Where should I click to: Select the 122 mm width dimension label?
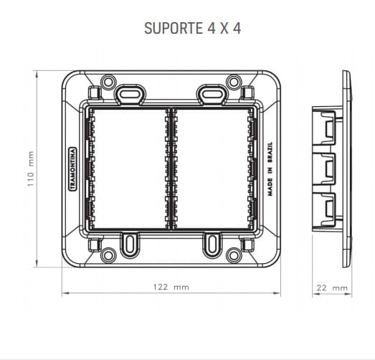click(171, 287)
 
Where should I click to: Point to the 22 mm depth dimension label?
click(332, 288)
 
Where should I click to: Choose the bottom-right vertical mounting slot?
click(211, 245)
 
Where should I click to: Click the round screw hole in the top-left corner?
click(108, 82)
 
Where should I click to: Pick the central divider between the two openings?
click(171, 169)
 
